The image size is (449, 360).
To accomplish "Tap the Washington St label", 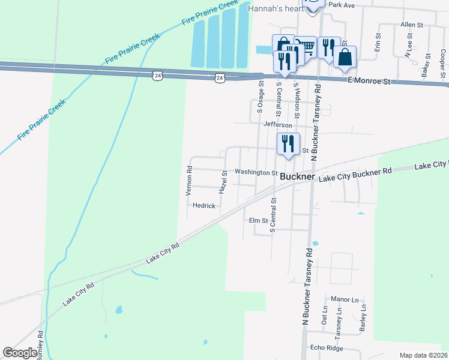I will [x=255, y=172].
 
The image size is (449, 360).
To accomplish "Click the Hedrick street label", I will [x=204, y=205].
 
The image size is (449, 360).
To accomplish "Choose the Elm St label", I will [x=258, y=221].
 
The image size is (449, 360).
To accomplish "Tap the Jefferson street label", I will [x=277, y=125].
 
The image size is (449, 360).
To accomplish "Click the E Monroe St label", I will [x=369, y=80].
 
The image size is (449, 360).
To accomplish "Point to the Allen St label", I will [x=412, y=25].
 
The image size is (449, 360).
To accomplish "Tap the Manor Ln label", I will [x=344, y=299].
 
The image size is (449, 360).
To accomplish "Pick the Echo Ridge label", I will [x=326, y=347].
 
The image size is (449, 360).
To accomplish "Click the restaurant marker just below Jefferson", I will [x=288, y=143].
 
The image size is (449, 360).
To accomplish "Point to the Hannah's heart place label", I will [x=276, y=7].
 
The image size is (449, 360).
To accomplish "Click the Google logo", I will [x=20, y=353].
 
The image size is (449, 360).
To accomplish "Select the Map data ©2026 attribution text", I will [x=423, y=355].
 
